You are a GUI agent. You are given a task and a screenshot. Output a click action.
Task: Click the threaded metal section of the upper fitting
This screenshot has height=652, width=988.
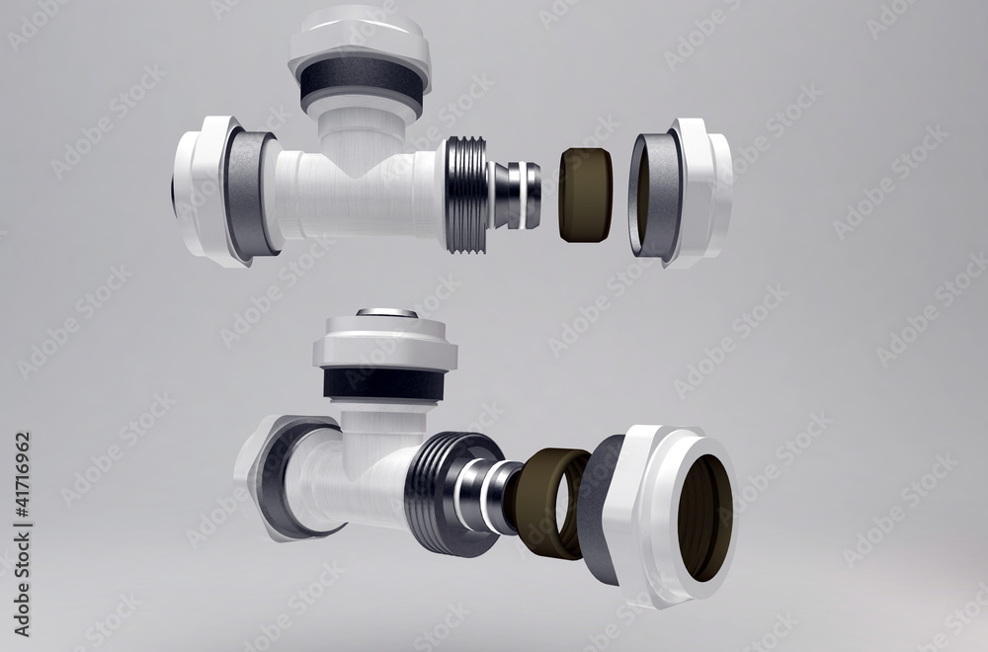point(466,196)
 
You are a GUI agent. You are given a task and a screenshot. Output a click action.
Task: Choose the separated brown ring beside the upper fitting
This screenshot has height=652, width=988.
point(585,196)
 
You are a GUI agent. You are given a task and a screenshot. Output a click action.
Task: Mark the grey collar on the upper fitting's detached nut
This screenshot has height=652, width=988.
point(655,196)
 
